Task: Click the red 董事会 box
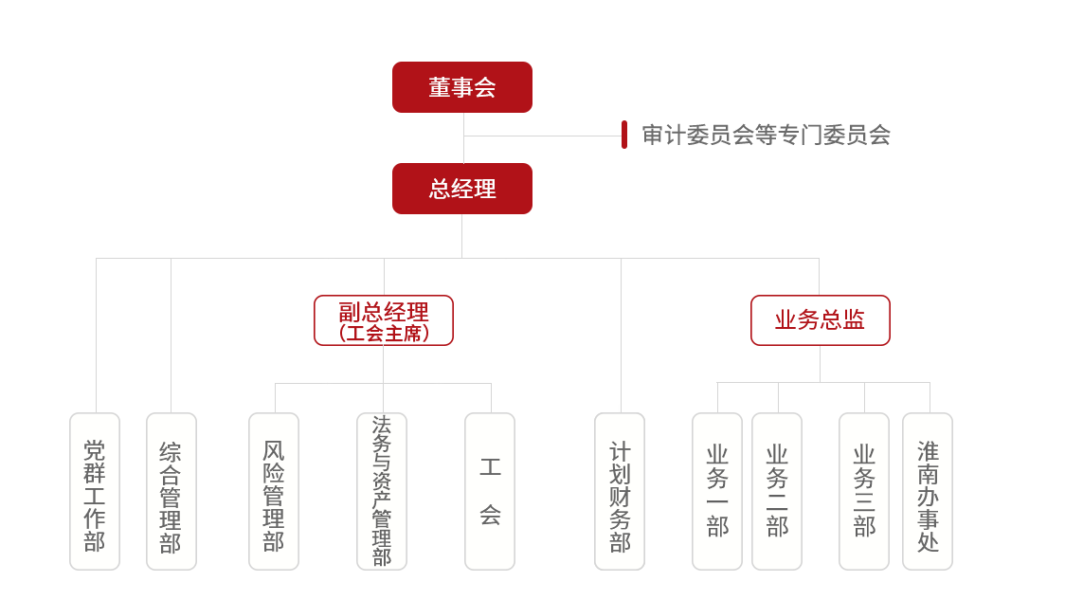coord(461,87)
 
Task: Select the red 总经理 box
coord(461,189)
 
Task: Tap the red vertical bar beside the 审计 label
coord(624,135)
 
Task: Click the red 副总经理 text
coord(384,312)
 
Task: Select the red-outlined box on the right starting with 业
coord(820,320)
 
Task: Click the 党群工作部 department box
coord(95,492)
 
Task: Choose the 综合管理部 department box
coord(171,492)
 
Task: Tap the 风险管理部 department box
coord(274,492)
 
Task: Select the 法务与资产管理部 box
coord(382,492)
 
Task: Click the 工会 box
coord(490,492)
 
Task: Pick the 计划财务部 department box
coord(620,492)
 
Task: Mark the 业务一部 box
coord(717,492)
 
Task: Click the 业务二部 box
coord(777,492)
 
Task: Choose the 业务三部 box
coord(864,492)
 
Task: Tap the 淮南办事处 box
coord(928,492)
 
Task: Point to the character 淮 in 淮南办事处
coord(928,451)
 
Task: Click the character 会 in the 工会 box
coord(490,515)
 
